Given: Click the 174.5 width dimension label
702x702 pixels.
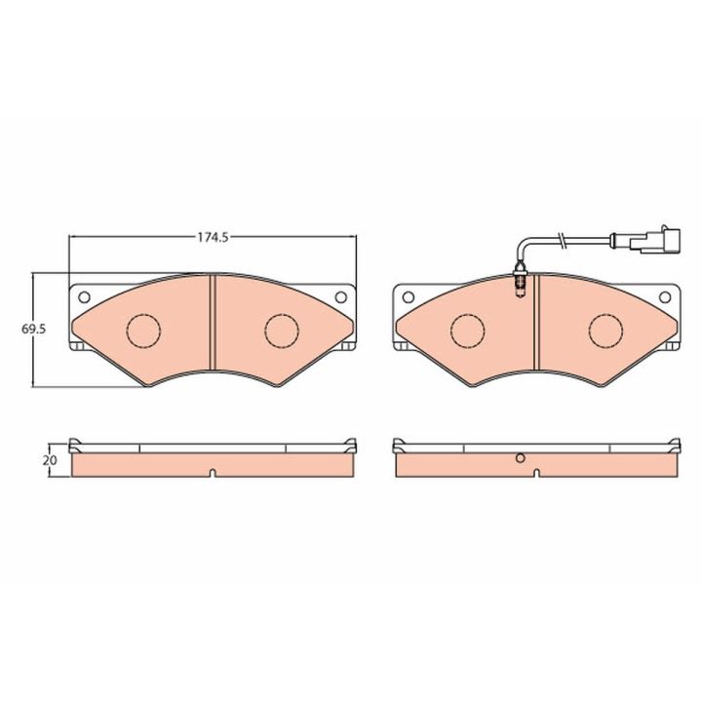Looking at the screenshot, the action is (x=214, y=237).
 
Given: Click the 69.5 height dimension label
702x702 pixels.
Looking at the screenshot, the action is (x=33, y=330).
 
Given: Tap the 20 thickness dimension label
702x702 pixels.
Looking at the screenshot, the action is (x=51, y=460).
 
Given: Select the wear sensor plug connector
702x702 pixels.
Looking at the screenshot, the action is (x=655, y=240).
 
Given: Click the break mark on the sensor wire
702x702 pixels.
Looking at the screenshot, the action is (x=561, y=240).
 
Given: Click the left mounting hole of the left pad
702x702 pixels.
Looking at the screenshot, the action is (x=84, y=296).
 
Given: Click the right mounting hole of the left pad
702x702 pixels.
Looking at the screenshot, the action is (x=340, y=296).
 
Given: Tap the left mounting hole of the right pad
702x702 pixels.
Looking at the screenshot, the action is (x=408, y=296).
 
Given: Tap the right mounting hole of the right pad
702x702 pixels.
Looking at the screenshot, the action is (x=665, y=296).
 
